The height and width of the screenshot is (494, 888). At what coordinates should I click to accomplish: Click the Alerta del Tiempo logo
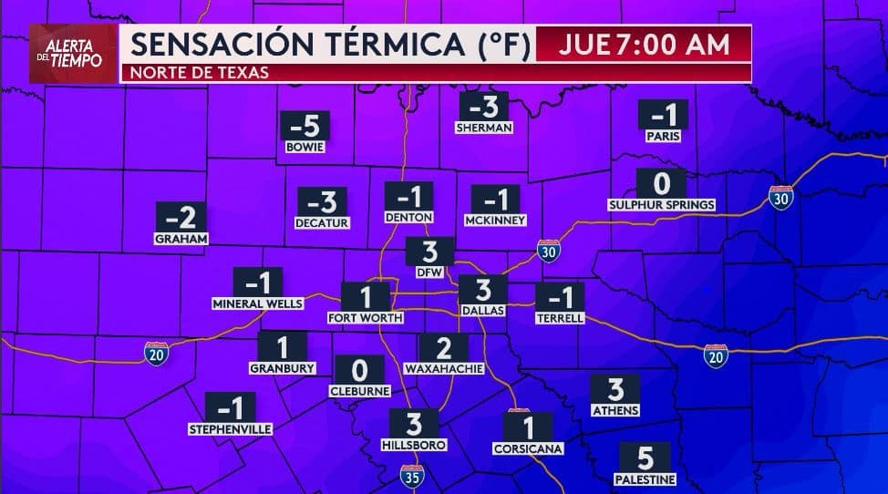point(73,54)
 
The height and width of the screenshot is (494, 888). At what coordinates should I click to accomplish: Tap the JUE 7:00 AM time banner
point(645,44)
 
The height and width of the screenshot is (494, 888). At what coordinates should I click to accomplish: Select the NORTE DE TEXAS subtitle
point(201,73)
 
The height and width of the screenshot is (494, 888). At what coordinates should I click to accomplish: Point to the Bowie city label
point(305,146)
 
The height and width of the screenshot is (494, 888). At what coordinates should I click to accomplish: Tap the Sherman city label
point(484,129)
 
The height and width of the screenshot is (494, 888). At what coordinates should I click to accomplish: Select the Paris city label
point(663,136)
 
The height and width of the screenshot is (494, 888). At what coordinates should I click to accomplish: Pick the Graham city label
point(181,239)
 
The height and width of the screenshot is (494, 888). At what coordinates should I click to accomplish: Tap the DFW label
point(429,272)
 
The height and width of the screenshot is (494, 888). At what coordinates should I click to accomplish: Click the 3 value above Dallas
point(483,290)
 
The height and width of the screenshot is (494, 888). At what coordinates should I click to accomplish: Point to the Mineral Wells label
point(257,304)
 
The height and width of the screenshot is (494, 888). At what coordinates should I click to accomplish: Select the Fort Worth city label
point(365,318)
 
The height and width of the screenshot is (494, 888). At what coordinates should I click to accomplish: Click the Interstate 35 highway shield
point(411,475)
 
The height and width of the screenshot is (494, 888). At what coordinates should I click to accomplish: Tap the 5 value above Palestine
point(645,457)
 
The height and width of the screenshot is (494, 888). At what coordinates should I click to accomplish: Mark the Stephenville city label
point(230,428)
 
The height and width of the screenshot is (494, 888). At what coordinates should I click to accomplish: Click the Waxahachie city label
point(443,369)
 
